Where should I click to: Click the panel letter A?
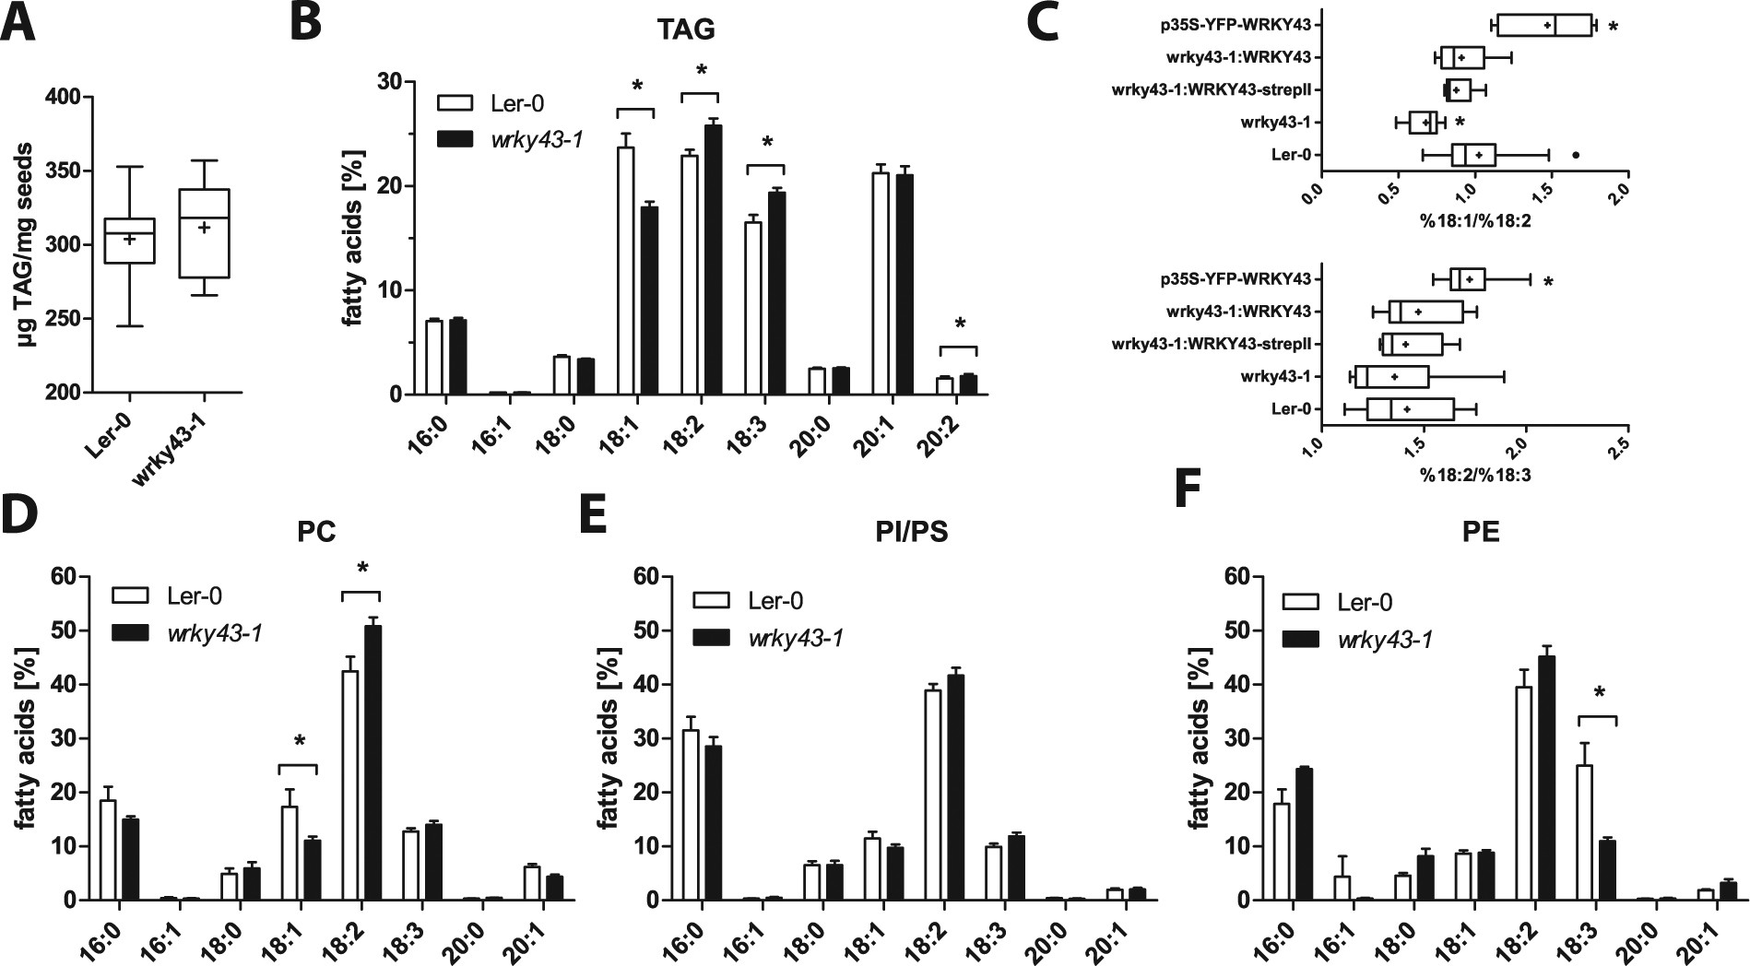coord(18,22)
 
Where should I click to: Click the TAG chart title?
coord(685,29)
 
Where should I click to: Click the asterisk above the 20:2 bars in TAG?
coord(959,324)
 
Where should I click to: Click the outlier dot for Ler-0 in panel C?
coord(1575,155)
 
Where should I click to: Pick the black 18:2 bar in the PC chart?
coord(372,763)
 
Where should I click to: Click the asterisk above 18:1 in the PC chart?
coord(298,740)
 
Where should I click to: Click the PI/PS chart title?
coord(911,534)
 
